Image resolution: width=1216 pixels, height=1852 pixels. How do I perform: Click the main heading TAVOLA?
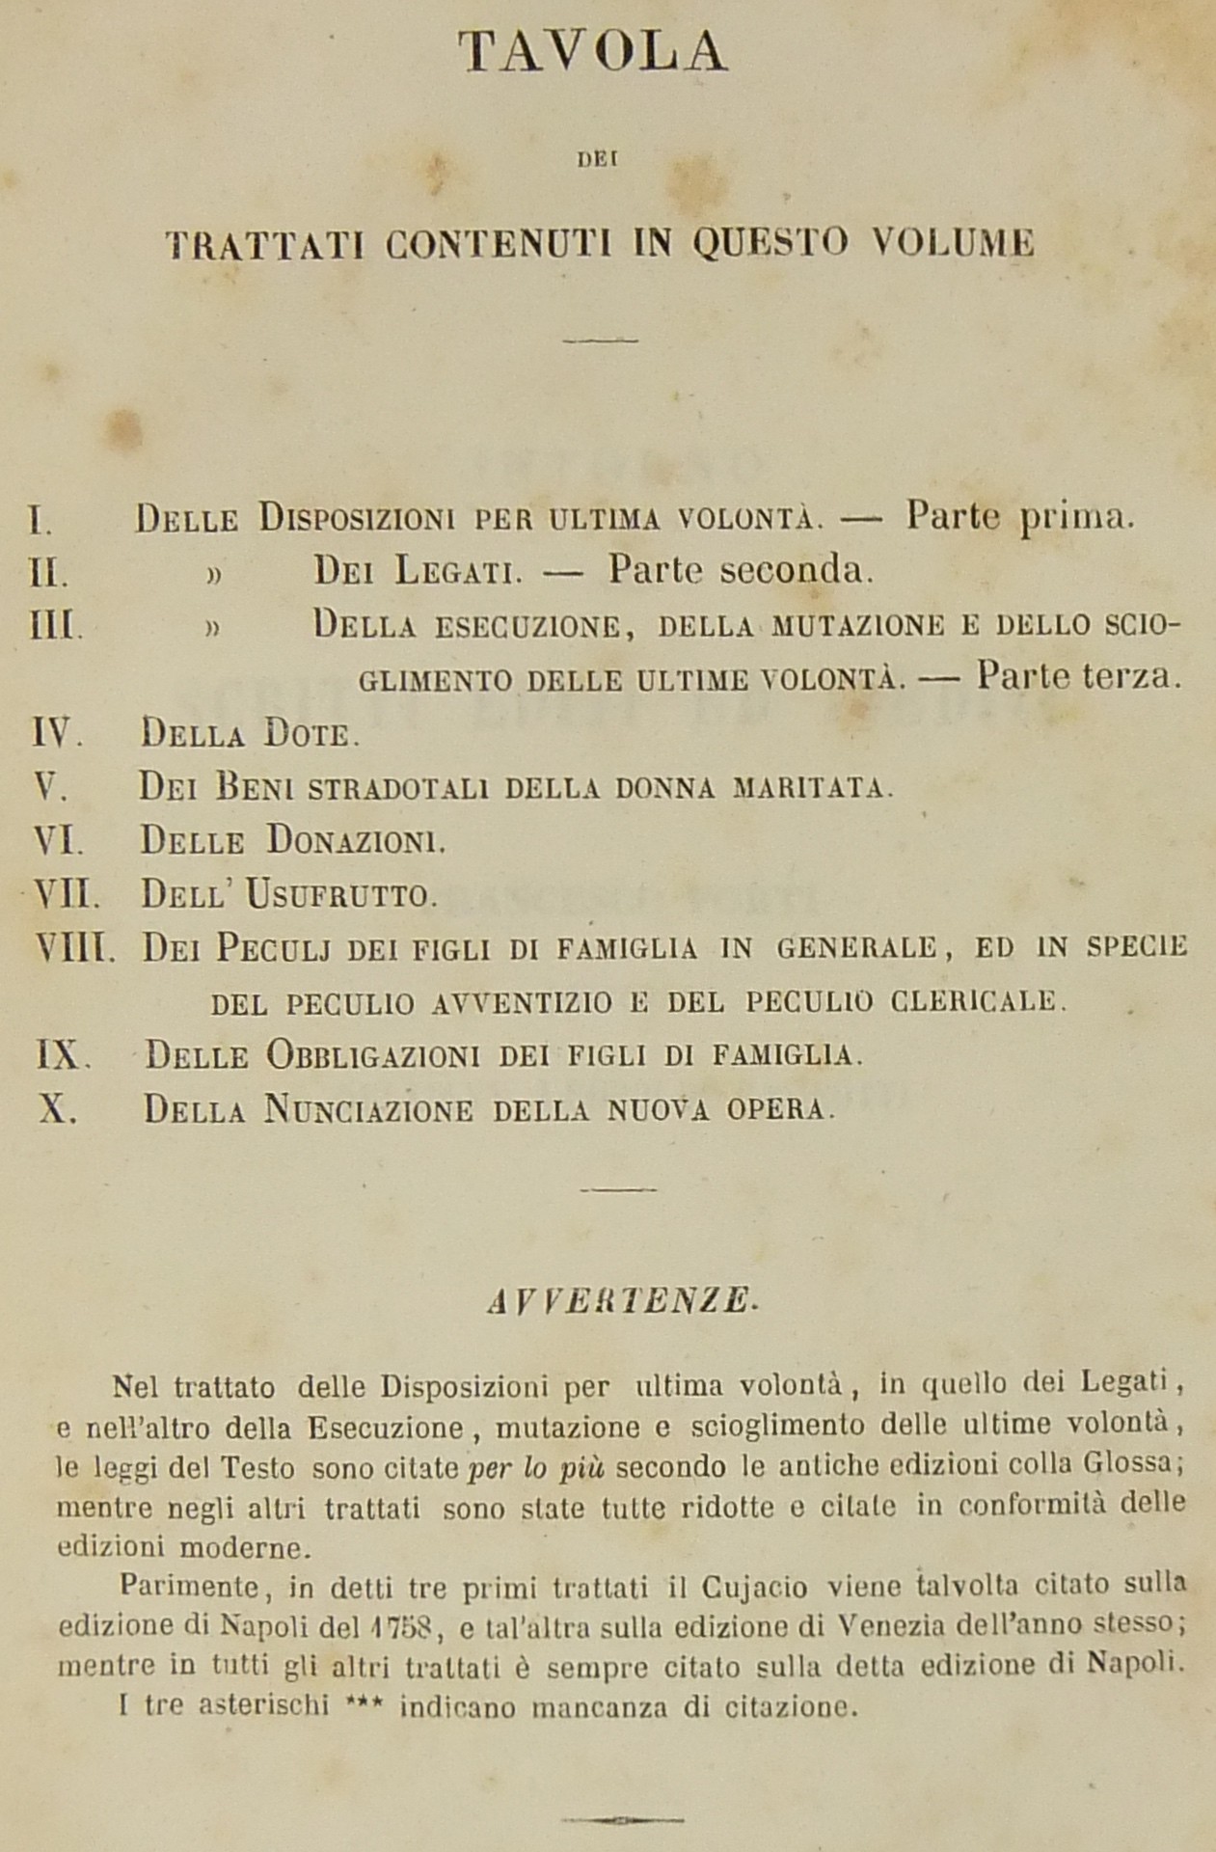pyautogui.click(x=592, y=53)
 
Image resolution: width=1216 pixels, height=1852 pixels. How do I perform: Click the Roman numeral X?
pyautogui.click(x=56, y=1108)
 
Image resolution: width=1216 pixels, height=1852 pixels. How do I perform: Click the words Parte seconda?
pyautogui.click(x=740, y=571)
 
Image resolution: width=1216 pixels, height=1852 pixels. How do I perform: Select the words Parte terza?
pyautogui.click(x=1078, y=677)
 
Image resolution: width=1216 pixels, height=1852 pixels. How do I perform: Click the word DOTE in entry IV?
pyautogui.click(x=307, y=736)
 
